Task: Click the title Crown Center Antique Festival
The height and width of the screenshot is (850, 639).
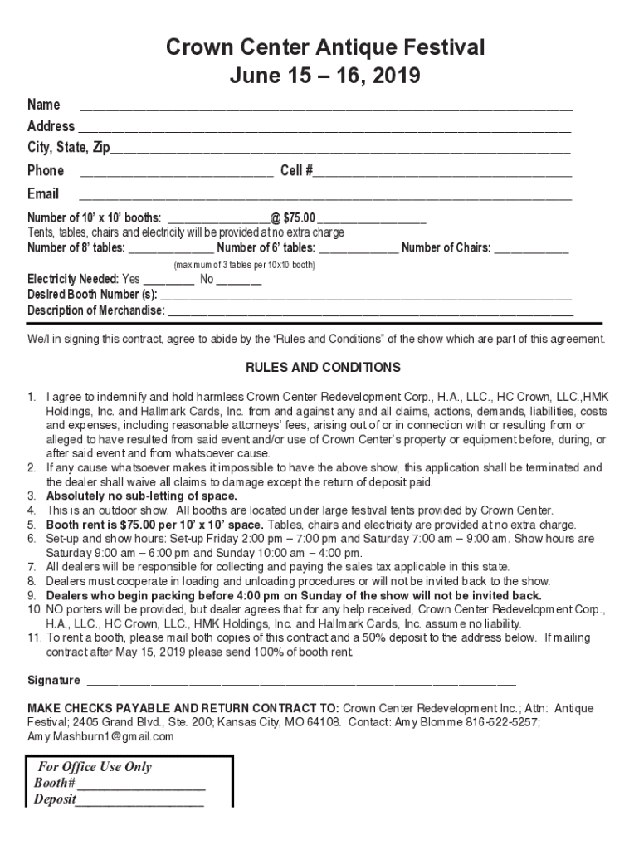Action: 324,48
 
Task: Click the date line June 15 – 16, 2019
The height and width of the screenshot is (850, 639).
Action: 324,77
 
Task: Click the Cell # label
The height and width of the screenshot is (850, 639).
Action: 295,171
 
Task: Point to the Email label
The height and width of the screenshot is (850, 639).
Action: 43,194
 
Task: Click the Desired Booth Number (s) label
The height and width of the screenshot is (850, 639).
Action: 92,296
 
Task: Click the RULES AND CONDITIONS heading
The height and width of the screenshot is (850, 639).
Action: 323,368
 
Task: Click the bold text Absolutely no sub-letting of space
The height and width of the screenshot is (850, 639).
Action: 141,496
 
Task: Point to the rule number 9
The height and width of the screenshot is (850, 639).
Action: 33,596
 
